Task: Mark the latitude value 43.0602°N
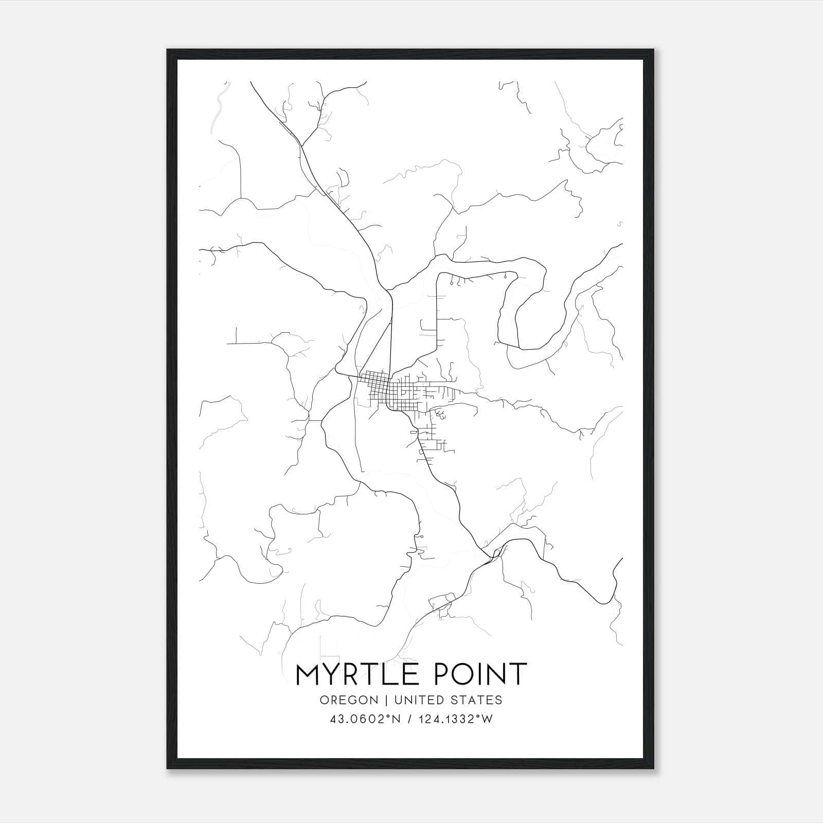[x=366, y=719]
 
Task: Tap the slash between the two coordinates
[x=408, y=719]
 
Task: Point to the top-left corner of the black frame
[x=168, y=50]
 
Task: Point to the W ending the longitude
[x=488, y=719]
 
